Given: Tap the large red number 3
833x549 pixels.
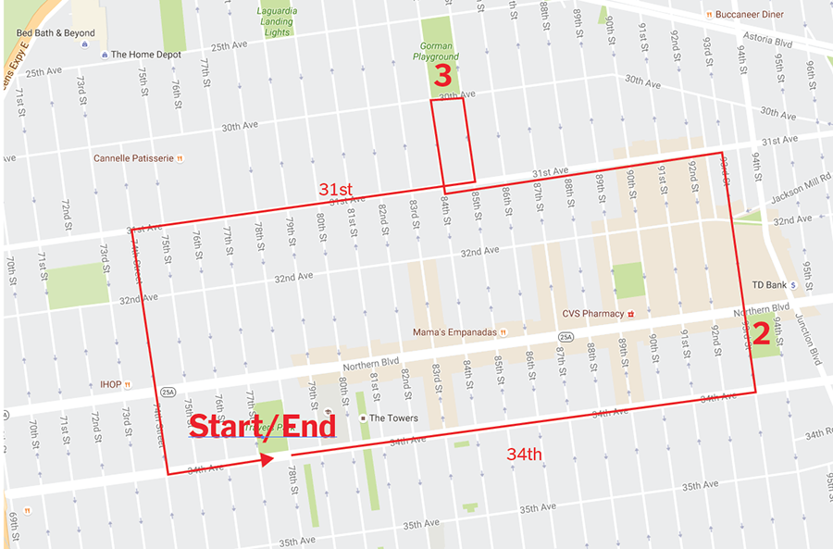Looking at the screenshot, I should [x=443, y=75].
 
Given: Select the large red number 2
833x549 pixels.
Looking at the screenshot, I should [x=761, y=334].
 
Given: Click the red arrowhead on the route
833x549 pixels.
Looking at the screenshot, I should [x=268, y=459].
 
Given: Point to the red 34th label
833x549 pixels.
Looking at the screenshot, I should [x=524, y=454].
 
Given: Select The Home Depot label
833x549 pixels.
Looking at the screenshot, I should [x=146, y=54].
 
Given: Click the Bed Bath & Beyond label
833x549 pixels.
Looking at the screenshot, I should [x=56, y=32].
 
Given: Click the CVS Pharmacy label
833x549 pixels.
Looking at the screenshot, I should [x=592, y=314].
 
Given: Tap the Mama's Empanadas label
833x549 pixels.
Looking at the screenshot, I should [x=455, y=331].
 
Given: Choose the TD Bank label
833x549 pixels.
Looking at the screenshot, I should [x=769, y=285].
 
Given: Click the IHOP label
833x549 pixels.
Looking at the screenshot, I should [x=110, y=384].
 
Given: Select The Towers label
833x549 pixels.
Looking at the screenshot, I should [x=393, y=418].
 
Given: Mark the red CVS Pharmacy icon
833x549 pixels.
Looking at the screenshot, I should [x=631, y=314].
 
